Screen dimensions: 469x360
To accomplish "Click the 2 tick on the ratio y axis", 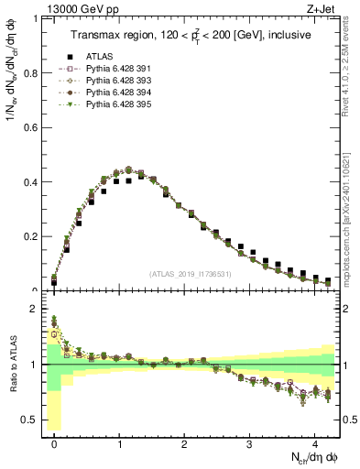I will coord(35,309).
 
